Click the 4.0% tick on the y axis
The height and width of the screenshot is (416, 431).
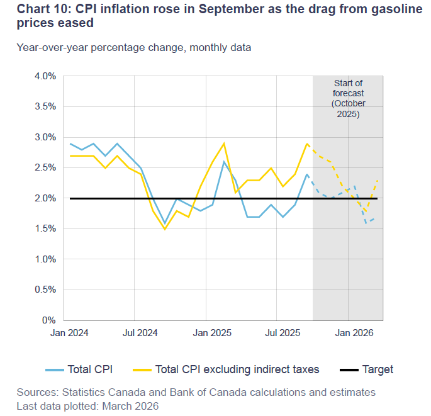tap(46, 76)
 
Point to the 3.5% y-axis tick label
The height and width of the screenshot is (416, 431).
tap(46, 107)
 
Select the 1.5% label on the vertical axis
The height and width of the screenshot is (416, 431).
tap(46, 229)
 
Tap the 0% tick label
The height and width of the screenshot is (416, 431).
tap(50, 320)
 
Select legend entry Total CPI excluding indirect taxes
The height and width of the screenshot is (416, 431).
tap(237, 369)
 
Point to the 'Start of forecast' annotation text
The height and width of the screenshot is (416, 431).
tap(348, 88)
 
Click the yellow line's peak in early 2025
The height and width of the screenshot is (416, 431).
tap(224, 143)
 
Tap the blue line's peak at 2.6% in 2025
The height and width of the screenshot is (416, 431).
tap(224, 162)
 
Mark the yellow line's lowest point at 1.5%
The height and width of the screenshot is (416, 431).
tap(165, 229)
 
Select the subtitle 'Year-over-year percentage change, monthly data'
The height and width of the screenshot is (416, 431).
tap(134, 47)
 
